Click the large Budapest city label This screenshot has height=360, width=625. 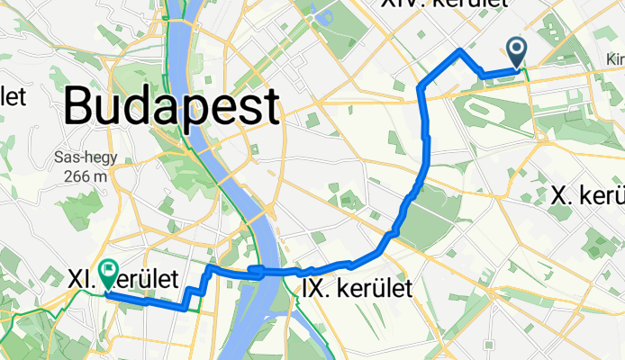pyautogui.click(x=171, y=107)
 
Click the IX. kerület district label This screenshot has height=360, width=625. pyautogui.click(x=354, y=288)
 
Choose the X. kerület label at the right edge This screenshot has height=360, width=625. pyautogui.click(x=587, y=195)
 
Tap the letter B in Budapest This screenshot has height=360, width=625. pyautogui.click(x=78, y=107)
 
